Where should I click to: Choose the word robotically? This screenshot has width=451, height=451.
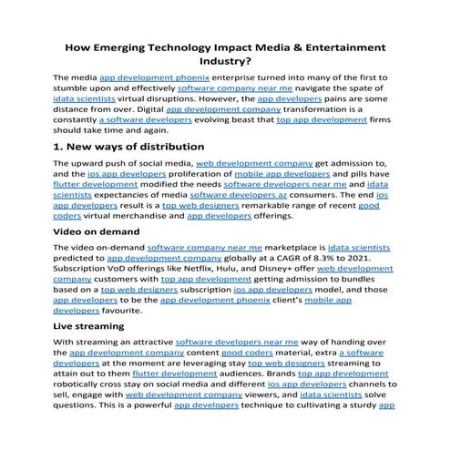click(83, 398)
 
